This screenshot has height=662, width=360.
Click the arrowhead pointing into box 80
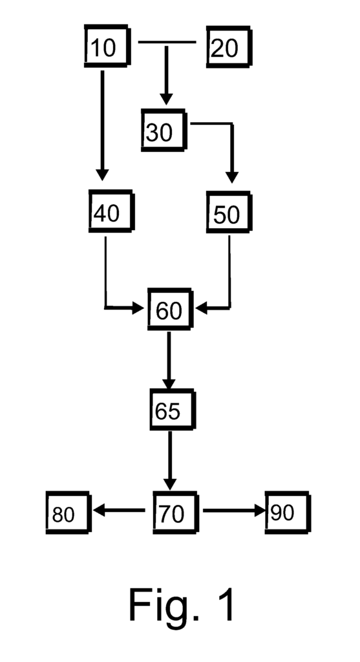pyautogui.click(x=99, y=511)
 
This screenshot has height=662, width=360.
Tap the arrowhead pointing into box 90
pyautogui.click(x=260, y=511)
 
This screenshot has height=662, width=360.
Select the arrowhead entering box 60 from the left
pyautogui.click(x=138, y=308)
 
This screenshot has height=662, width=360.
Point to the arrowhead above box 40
pyautogui.click(x=102, y=175)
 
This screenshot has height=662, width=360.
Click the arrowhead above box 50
pyautogui.click(x=231, y=177)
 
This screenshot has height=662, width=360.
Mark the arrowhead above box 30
pyautogui.click(x=166, y=99)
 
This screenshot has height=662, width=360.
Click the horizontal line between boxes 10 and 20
pyautogui.click(x=167, y=42)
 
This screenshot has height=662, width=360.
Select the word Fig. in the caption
pyautogui.click(x=164, y=605)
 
